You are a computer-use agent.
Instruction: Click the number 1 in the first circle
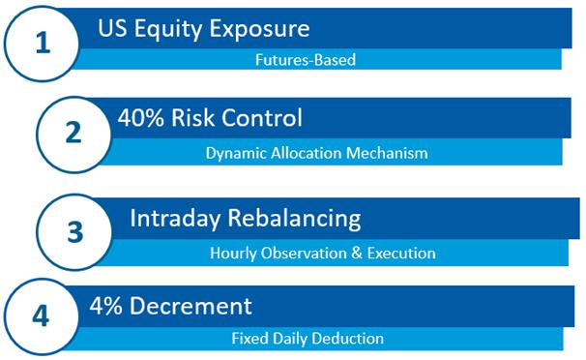(44, 43)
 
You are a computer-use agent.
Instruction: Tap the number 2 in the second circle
(73, 133)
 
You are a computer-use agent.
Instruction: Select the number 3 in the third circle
(74, 232)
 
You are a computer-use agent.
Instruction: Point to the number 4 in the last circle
(41, 315)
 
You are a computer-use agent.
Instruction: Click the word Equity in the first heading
(168, 29)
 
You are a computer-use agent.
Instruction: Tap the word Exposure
(259, 28)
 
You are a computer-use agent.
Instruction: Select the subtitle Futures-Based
(306, 60)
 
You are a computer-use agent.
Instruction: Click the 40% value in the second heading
(140, 118)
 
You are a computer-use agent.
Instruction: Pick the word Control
(262, 118)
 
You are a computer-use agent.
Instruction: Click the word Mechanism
(387, 153)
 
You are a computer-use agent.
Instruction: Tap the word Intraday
(175, 219)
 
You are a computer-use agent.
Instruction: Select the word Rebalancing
(295, 219)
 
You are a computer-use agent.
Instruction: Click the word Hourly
(234, 254)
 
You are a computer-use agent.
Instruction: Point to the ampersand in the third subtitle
(357, 254)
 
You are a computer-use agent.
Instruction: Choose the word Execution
(401, 254)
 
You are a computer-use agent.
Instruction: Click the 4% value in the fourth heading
(105, 306)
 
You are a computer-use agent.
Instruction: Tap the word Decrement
(190, 306)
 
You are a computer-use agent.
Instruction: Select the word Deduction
(347, 339)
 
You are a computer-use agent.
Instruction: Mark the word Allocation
(307, 153)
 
